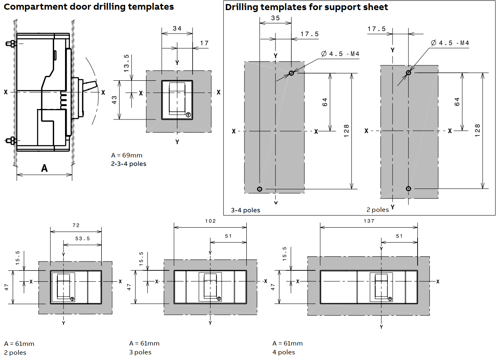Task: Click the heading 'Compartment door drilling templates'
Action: click(x=89, y=7)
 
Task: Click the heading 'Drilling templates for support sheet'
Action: click(x=307, y=7)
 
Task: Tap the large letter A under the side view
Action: click(x=44, y=168)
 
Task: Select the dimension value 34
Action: click(x=177, y=28)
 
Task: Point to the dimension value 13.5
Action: click(x=126, y=63)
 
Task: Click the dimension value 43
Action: click(x=114, y=100)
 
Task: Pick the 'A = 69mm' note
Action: click(x=127, y=155)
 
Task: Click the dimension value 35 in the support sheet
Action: click(x=275, y=18)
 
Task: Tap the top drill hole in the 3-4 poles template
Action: click(x=291, y=73)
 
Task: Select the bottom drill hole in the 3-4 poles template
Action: click(x=260, y=189)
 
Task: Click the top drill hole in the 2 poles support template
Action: click(x=408, y=73)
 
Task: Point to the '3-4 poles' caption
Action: click(x=246, y=210)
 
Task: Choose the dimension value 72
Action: click(x=76, y=225)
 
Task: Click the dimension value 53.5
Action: click(x=82, y=239)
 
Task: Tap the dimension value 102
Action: click(x=210, y=221)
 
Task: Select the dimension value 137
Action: click(x=369, y=221)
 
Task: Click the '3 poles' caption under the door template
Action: click(x=140, y=352)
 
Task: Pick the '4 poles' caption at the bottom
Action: click(x=284, y=352)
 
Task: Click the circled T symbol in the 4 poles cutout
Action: click(x=390, y=299)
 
